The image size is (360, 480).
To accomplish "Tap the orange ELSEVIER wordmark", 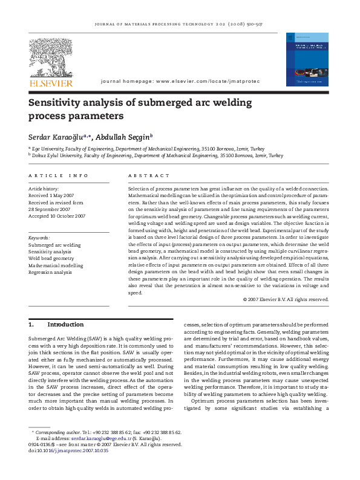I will click(51, 83).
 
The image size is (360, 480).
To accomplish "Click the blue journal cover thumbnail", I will click(306, 59).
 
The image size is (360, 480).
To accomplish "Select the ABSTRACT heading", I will click(149, 175).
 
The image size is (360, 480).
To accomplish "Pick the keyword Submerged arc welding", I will click(54, 245).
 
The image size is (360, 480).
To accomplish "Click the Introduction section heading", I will click(65, 325).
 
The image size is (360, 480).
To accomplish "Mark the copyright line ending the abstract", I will click(286, 299).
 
